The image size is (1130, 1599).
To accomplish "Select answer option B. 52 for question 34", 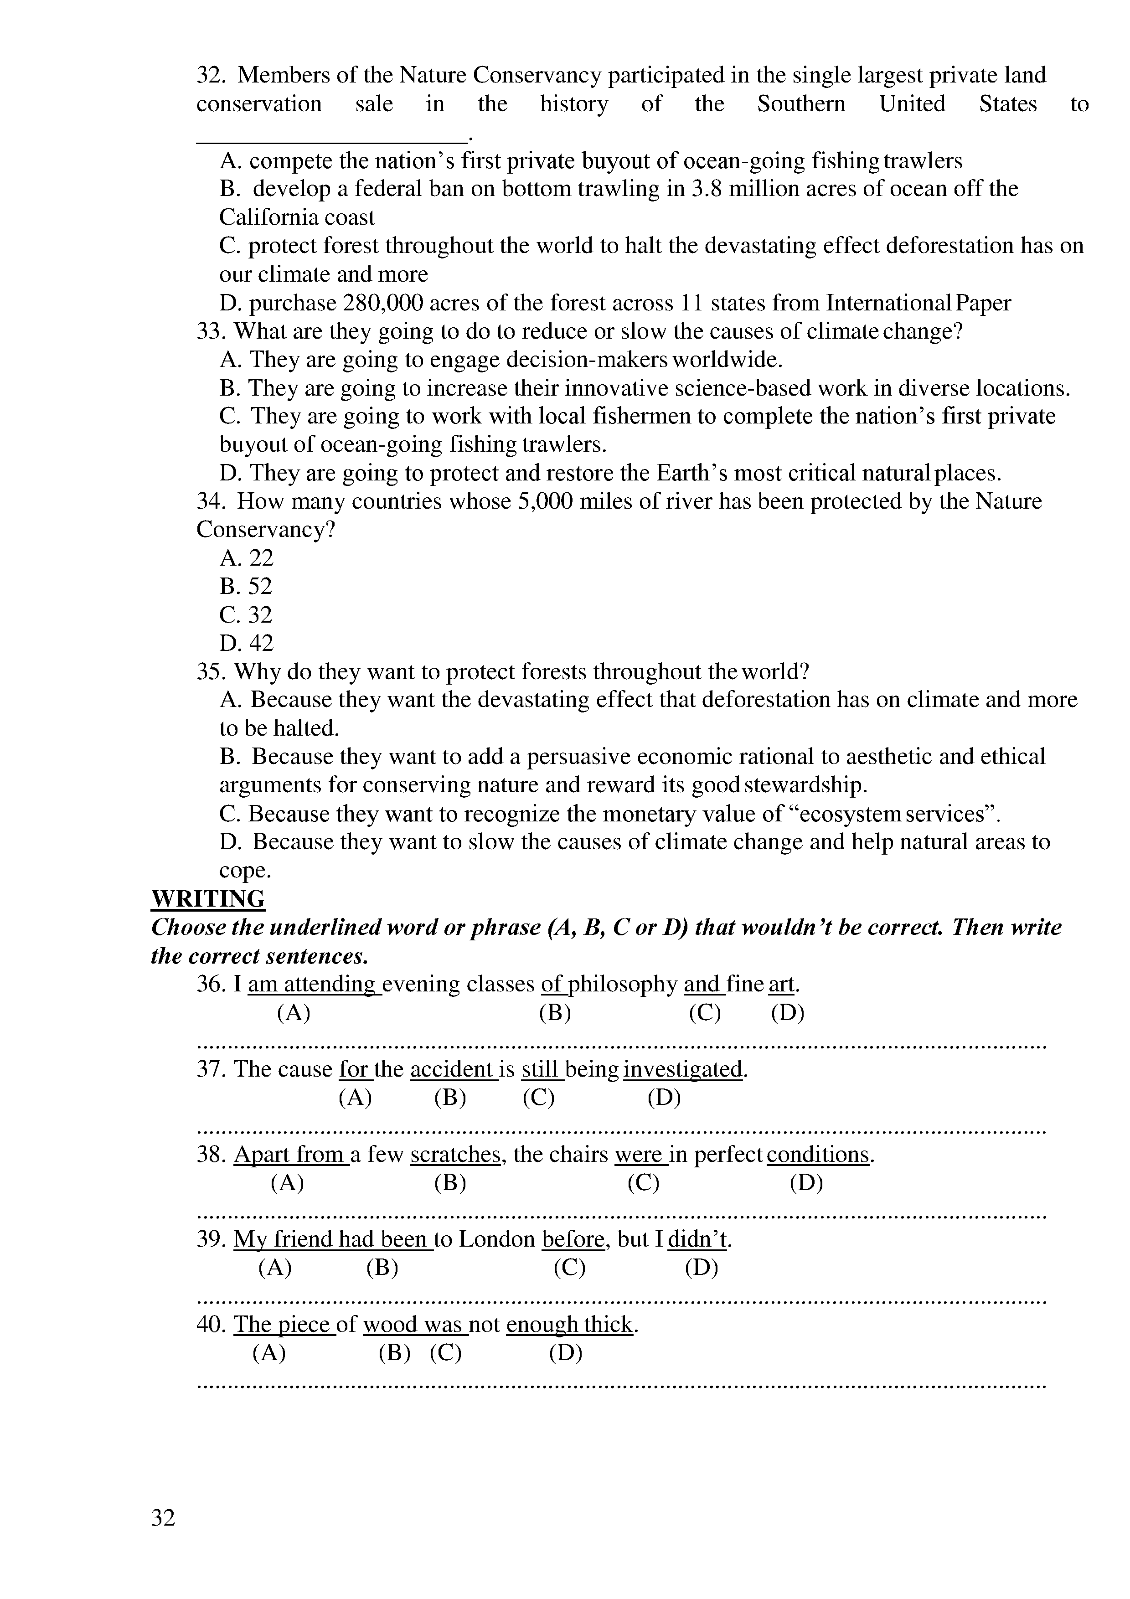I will [246, 586].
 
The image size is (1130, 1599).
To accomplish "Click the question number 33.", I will [209, 331].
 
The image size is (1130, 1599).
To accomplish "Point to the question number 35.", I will [209, 671].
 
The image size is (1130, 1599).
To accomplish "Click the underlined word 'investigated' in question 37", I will [683, 1069].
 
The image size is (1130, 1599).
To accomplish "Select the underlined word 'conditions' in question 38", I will [818, 1155].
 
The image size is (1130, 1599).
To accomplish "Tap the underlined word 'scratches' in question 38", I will [456, 1155].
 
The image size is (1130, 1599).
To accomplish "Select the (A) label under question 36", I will [293, 1013].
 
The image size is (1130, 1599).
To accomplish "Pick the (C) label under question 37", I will [538, 1098].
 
